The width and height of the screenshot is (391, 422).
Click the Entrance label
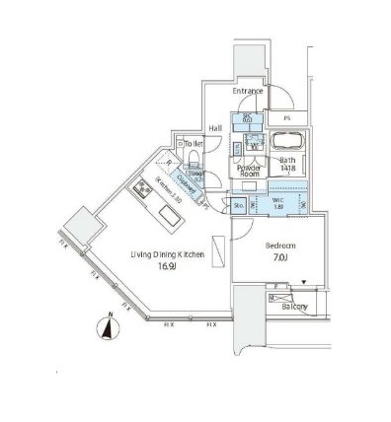tap(248, 92)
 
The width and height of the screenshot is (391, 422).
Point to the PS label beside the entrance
tap(287, 118)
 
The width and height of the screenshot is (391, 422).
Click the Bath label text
tap(287, 159)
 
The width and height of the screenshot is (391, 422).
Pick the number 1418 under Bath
tap(287, 169)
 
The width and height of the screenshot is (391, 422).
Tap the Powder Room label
tap(249, 171)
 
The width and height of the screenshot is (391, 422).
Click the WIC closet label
tap(278, 202)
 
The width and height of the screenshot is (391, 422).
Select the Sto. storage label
tap(239, 206)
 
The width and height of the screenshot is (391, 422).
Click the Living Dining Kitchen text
tap(168, 253)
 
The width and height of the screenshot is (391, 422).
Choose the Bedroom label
tap(279, 246)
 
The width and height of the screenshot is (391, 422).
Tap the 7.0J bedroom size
tap(279, 259)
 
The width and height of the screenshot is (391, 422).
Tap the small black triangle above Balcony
tap(304, 282)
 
